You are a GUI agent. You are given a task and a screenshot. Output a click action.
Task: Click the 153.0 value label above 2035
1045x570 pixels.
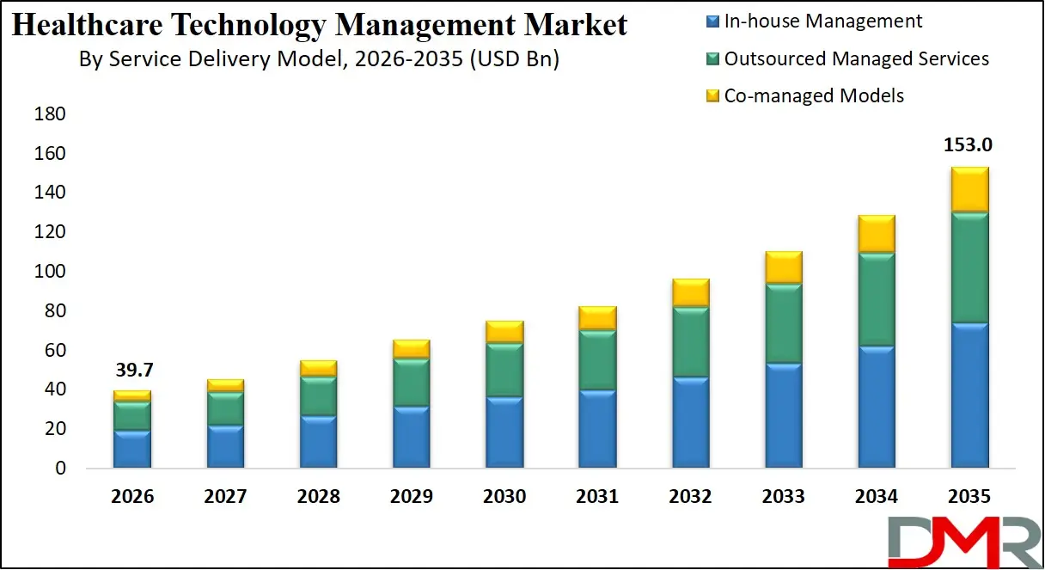[x=969, y=145]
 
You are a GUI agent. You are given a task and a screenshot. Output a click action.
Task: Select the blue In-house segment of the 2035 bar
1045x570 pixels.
[x=969, y=395]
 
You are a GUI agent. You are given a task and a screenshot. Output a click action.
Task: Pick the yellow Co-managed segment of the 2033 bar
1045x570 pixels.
[x=783, y=267]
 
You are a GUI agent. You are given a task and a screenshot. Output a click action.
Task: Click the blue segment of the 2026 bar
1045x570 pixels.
[x=132, y=449]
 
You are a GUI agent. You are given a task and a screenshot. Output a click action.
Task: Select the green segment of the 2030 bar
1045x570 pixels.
[x=504, y=370]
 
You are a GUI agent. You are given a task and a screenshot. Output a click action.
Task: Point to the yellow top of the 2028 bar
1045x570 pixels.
[x=319, y=368]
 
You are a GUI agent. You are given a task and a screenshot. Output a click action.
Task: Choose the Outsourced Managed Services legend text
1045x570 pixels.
[x=856, y=58]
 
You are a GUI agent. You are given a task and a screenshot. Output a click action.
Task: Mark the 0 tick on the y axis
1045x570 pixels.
[x=59, y=469]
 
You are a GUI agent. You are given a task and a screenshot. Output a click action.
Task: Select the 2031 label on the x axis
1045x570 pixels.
[x=597, y=497]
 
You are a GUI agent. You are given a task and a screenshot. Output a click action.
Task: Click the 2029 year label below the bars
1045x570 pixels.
[x=412, y=497]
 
